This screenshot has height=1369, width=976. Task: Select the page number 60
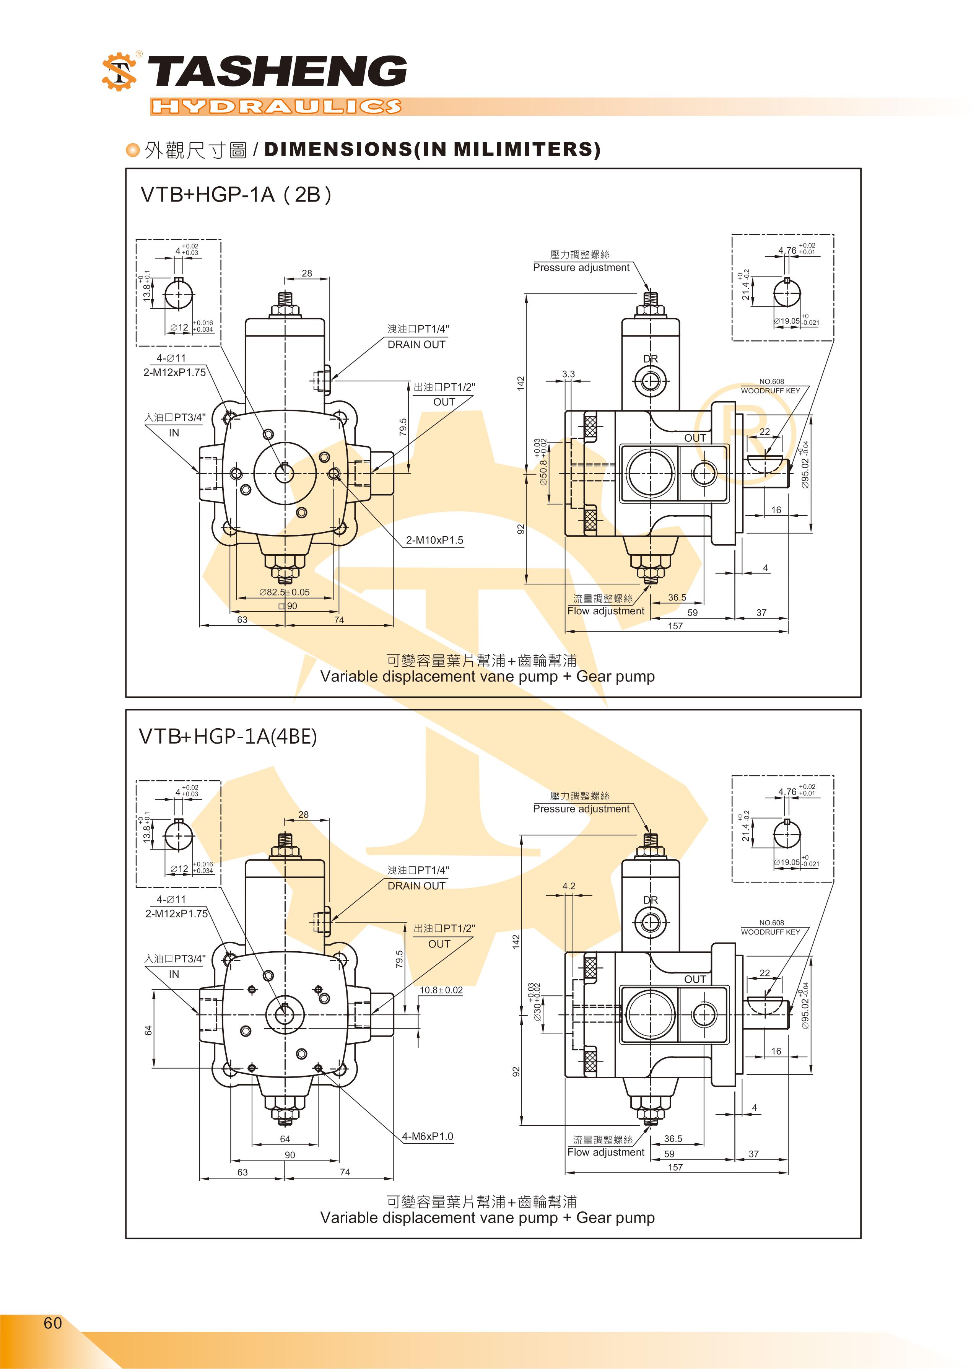53,1323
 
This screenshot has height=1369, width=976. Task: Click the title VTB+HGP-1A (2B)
236,195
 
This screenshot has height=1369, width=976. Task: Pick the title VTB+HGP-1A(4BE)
228,736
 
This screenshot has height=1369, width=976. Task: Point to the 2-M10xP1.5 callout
434,540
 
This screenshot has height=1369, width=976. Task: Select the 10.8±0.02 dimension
441,990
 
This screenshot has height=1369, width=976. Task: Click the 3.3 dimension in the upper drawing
568,374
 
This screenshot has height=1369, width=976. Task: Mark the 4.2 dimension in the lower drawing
569,886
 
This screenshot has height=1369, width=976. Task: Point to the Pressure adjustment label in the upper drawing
581,267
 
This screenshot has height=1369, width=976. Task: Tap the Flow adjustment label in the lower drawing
606,1152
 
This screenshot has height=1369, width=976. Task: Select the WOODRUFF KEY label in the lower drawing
771,932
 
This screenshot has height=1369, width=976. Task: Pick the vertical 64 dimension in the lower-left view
148,1030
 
